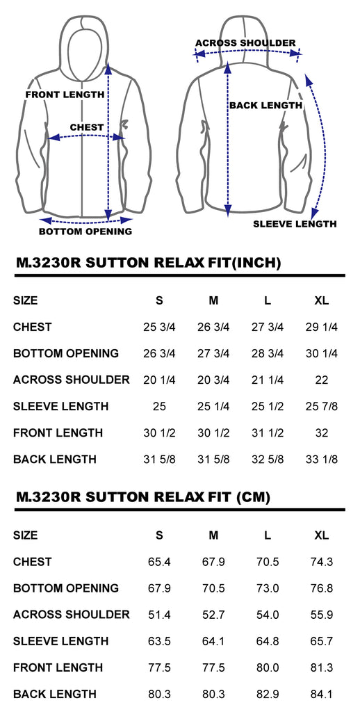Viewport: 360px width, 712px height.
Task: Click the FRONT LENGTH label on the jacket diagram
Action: pos(65,95)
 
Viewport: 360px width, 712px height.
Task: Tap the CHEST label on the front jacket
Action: pos(87,128)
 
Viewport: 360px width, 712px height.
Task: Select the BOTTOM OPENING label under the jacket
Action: pos(85,232)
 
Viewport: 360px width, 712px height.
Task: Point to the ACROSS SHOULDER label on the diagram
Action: pos(245,43)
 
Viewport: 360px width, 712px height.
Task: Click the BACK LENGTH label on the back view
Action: pos(265,106)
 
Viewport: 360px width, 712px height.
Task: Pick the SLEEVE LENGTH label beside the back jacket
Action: pos(295,224)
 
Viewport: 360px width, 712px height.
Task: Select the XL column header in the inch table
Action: pos(321,300)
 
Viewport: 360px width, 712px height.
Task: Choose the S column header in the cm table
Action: pos(159,535)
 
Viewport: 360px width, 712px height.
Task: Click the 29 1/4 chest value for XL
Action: pos(321,327)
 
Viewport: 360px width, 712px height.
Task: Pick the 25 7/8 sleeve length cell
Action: pos(321,406)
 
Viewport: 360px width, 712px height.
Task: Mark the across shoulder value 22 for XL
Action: pos(321,380)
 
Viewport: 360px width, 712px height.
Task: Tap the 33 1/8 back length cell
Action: pos(321,460)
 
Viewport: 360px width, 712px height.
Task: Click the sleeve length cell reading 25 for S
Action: pos(159,406)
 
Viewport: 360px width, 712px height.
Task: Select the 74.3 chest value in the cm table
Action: pos(321,562)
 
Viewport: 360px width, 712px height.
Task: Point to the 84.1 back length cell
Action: pos(321,695)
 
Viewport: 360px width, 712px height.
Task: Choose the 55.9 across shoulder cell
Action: pos(321,615)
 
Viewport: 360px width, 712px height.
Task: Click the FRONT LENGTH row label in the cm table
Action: pos(58,668)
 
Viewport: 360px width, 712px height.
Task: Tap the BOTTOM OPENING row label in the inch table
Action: pos(66,353)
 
